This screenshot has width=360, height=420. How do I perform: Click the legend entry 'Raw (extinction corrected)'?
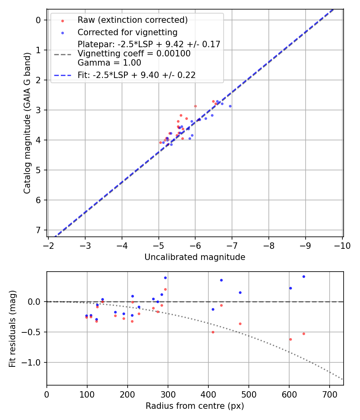point(132,20)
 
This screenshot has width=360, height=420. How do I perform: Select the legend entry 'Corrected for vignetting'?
point(127,32)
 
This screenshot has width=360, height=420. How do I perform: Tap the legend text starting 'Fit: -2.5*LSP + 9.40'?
point(136,75)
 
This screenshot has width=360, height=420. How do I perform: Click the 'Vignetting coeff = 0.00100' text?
point(134,54)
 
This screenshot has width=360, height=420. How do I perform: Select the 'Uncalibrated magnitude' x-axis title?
point(195,257)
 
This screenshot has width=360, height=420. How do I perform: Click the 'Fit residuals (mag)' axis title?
point(12,329)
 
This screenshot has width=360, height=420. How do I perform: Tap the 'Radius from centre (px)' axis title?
point(195,406)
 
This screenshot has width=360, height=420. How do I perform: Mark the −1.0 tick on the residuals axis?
point(34,362)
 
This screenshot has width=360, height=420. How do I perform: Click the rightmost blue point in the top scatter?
point(230,106)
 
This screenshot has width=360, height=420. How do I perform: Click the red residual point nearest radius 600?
point(290,339)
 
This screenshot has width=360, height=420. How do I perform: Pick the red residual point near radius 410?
point(213,332)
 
